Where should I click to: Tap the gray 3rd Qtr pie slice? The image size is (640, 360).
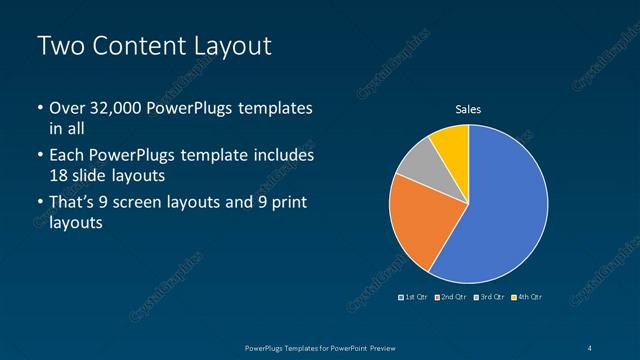(x=417, y=160)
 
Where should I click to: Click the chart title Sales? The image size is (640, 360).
(x=468, y=109)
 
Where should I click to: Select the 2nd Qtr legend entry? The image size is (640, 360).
(x=451, y=297)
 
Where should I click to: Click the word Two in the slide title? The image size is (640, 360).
(x=60, y=46)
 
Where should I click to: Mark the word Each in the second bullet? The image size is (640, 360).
(x=67, y=156)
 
